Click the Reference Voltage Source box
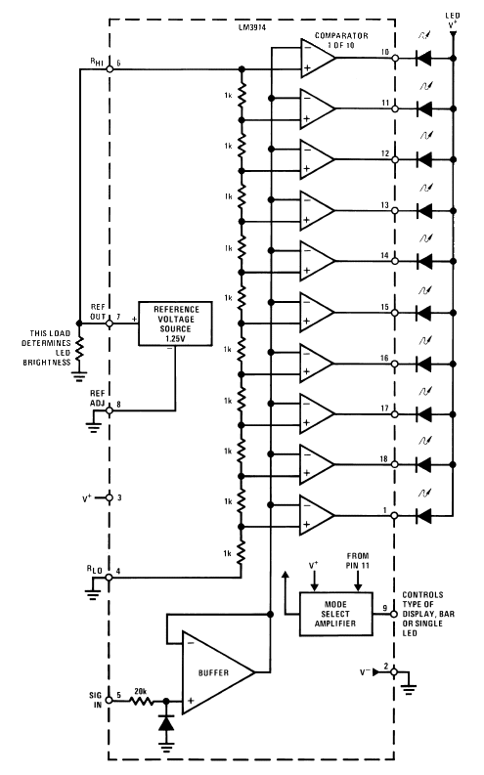[175, 323]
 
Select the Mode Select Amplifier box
[336, 614]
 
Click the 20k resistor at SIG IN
[142, 701]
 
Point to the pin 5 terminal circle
[110, 701]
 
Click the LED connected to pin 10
[423, 58]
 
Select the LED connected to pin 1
[423, 516]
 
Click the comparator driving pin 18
[318, 464]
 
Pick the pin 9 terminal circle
[394, 614]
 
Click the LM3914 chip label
[251, 28]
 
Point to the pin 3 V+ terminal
[110, 497]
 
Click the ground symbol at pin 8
[93, 425]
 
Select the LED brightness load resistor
[79, 349]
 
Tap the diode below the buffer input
[166, 723]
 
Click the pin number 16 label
[384, 358]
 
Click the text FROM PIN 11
[358, 561]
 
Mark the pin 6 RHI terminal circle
[110, 69]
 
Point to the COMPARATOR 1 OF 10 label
[341, 40]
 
